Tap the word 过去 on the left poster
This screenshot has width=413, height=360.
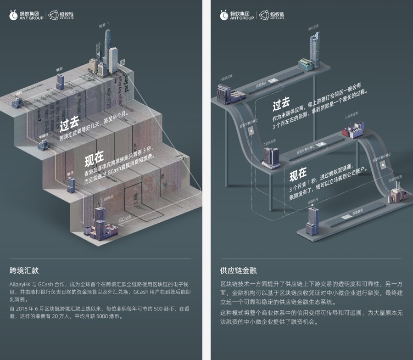69,122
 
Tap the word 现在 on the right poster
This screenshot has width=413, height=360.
298,174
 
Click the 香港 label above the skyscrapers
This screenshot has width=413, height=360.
102,26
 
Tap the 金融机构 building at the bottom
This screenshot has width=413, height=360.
313,221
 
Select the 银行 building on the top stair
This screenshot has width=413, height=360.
60,81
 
